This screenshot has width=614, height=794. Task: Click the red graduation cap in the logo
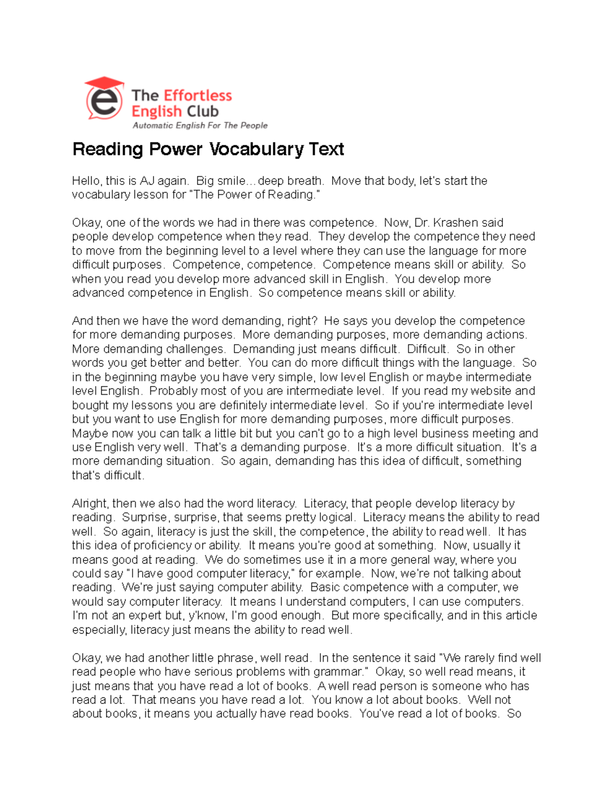[104, 83]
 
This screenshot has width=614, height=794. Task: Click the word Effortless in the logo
[198, 96]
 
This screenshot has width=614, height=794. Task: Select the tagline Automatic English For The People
[200, 125]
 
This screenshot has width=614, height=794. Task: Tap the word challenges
[194, 349]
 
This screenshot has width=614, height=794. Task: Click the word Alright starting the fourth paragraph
[90, 504]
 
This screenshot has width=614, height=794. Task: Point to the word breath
[304, 181]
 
